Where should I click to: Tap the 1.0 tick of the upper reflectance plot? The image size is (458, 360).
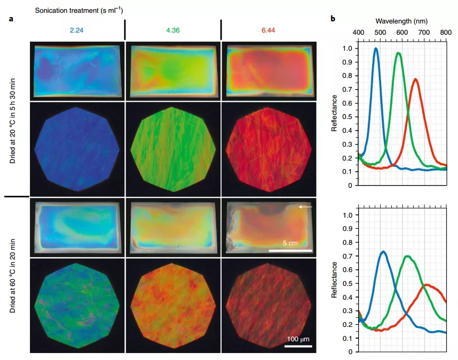coord(347,49)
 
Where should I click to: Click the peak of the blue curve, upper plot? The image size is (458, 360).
coord(376,49)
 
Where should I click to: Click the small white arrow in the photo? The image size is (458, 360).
coord(305,206)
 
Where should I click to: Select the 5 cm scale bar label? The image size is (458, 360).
coord(290,243)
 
